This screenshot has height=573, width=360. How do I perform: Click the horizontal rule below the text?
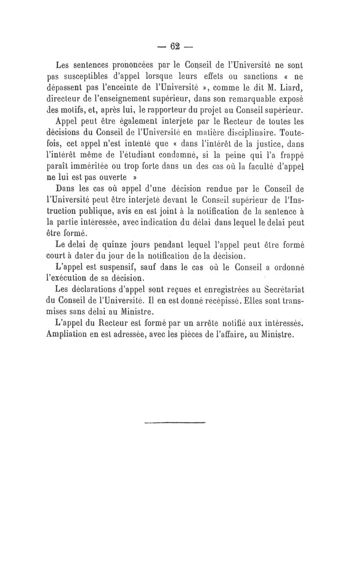click(175, 422)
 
